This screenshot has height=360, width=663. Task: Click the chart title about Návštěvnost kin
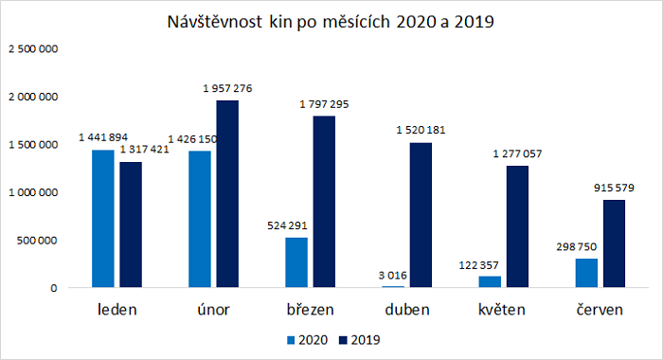331,22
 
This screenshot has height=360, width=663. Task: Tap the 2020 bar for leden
102,218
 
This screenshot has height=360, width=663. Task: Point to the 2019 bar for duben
421,214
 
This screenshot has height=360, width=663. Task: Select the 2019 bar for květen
518,225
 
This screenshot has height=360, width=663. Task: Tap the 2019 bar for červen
615,243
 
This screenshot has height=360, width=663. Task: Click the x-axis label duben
406,310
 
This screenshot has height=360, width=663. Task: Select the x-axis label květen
503,310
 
